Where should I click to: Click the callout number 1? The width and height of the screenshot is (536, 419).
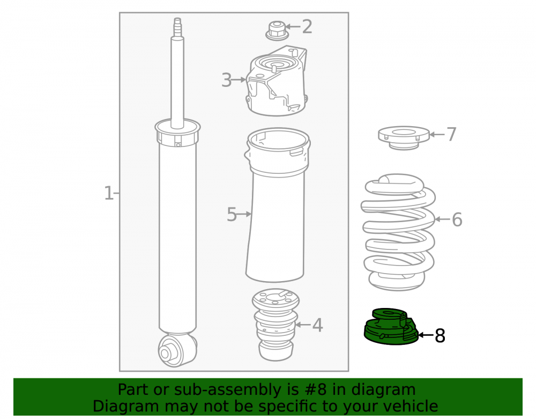(108, 193)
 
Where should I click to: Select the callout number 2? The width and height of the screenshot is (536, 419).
(307, 27)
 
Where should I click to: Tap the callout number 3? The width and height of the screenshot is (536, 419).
(226, 80)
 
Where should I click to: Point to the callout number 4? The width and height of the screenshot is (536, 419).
(317, 325)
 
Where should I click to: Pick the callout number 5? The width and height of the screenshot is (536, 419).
(232, 215)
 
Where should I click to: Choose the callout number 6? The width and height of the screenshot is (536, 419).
(457, 219)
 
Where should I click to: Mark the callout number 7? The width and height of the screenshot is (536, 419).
(451, 134)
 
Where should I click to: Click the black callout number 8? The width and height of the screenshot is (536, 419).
(440, 335)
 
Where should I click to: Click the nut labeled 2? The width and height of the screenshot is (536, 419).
(277, 30)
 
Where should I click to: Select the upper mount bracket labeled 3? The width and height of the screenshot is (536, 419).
(277, 81)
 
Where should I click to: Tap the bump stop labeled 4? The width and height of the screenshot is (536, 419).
(276, 325)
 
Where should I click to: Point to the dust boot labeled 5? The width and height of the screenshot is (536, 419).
(277, 205)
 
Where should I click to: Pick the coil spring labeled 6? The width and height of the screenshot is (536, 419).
(398, 233)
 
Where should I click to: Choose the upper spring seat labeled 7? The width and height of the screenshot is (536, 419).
(404, 137)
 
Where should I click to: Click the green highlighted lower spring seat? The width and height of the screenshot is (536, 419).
(391, 326)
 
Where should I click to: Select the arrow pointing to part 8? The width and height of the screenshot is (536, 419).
(426, 335)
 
